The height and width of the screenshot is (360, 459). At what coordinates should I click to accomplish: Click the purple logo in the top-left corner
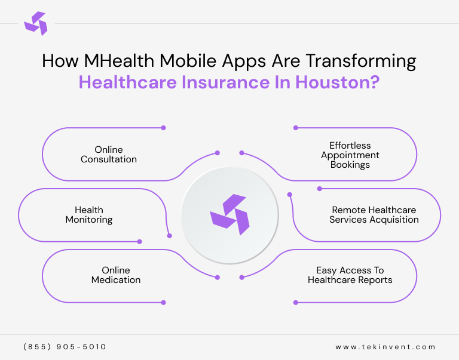35,23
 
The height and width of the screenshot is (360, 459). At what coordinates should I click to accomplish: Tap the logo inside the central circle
229,214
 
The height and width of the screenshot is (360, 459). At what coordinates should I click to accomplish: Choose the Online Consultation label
109,155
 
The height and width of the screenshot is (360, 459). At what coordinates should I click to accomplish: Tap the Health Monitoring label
89,215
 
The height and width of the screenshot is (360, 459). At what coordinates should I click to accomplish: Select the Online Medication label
116,275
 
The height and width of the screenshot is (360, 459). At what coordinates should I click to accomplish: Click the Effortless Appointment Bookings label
350,155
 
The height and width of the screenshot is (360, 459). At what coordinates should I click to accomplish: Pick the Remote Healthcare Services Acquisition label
374,215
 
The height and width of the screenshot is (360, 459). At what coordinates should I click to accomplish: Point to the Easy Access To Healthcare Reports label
350,275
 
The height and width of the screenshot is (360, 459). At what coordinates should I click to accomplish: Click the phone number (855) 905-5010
65,347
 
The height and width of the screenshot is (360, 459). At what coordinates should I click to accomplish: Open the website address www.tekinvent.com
385,347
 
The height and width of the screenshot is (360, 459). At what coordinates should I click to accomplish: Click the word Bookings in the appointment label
350,164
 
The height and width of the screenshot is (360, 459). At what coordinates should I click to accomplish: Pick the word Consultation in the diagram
109,159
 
